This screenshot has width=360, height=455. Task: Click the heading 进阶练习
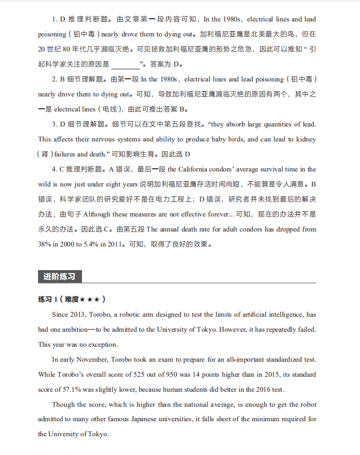coord(59,277)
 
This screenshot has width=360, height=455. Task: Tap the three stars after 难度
coord(92,299)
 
